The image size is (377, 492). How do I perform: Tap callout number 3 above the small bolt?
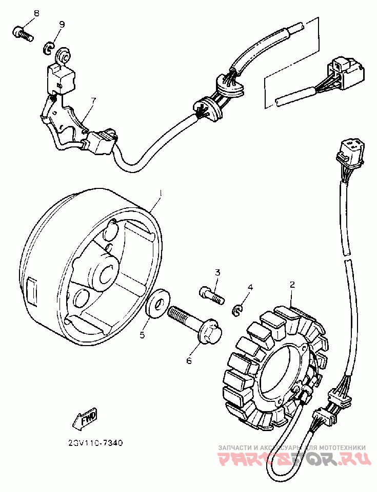pos(217,272)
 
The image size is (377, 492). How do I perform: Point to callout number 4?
pos(250,288)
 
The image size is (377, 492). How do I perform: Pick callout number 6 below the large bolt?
pos(188,360)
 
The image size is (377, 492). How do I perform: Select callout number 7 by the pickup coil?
pos(93,101)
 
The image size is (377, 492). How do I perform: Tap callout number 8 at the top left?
pos(36,12)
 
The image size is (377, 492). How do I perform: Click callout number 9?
pos(62,24)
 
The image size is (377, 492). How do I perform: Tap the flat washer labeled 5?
pos(155,305)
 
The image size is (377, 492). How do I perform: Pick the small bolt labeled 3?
pos(211,294)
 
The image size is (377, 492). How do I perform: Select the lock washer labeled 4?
pos(237,309)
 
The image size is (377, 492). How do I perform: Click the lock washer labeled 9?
pos(47,49)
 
